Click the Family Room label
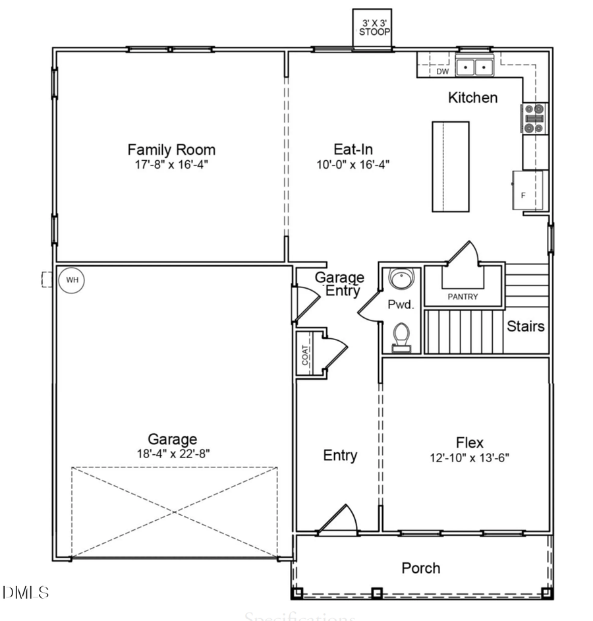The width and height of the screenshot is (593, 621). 171,150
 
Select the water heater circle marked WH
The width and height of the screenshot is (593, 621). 72,280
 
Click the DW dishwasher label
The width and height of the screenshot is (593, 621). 442,71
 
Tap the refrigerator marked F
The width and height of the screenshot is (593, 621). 529,191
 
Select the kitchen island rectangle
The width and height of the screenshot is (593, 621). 451,166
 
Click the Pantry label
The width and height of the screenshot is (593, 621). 463,297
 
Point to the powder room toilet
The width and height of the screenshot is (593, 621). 401,337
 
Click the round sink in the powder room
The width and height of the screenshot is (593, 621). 400,280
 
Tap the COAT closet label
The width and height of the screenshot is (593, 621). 306,356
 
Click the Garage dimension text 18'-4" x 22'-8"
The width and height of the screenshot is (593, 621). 172,453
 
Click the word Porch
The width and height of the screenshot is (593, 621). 421,568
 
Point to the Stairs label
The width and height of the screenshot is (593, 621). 526,326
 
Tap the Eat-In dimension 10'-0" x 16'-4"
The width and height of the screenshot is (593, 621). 353,164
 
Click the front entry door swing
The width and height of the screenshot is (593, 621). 338,519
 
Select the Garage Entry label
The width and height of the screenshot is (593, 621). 339,283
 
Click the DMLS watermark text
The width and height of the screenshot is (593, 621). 26,592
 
